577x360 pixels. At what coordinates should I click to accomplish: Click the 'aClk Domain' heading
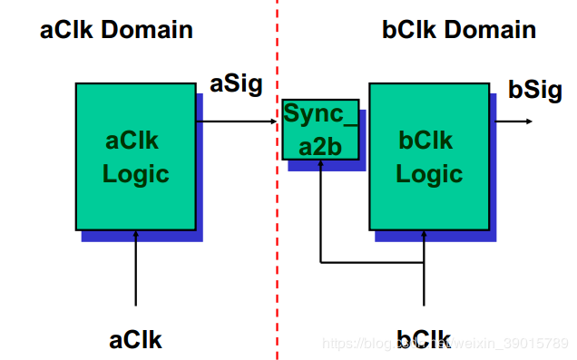click(x=116, y=30)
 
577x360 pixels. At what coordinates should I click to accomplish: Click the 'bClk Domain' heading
click(x=459, y=30)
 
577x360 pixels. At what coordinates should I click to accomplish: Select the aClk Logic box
click(x=135, y=156)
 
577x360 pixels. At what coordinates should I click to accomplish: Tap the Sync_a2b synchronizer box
click(x=319, y=130)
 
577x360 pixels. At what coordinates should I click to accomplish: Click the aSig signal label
click(x=236, y=85)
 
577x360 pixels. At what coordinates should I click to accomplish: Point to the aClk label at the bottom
click(x=135, y=339)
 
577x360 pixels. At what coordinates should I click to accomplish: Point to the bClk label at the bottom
click(x=424, y=339)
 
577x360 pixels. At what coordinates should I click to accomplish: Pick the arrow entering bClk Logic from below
click(x=425, y=272)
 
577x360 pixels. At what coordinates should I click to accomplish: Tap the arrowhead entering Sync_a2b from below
click(x=320, y=167)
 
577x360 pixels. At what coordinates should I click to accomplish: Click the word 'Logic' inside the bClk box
click(x=430, y=173)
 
